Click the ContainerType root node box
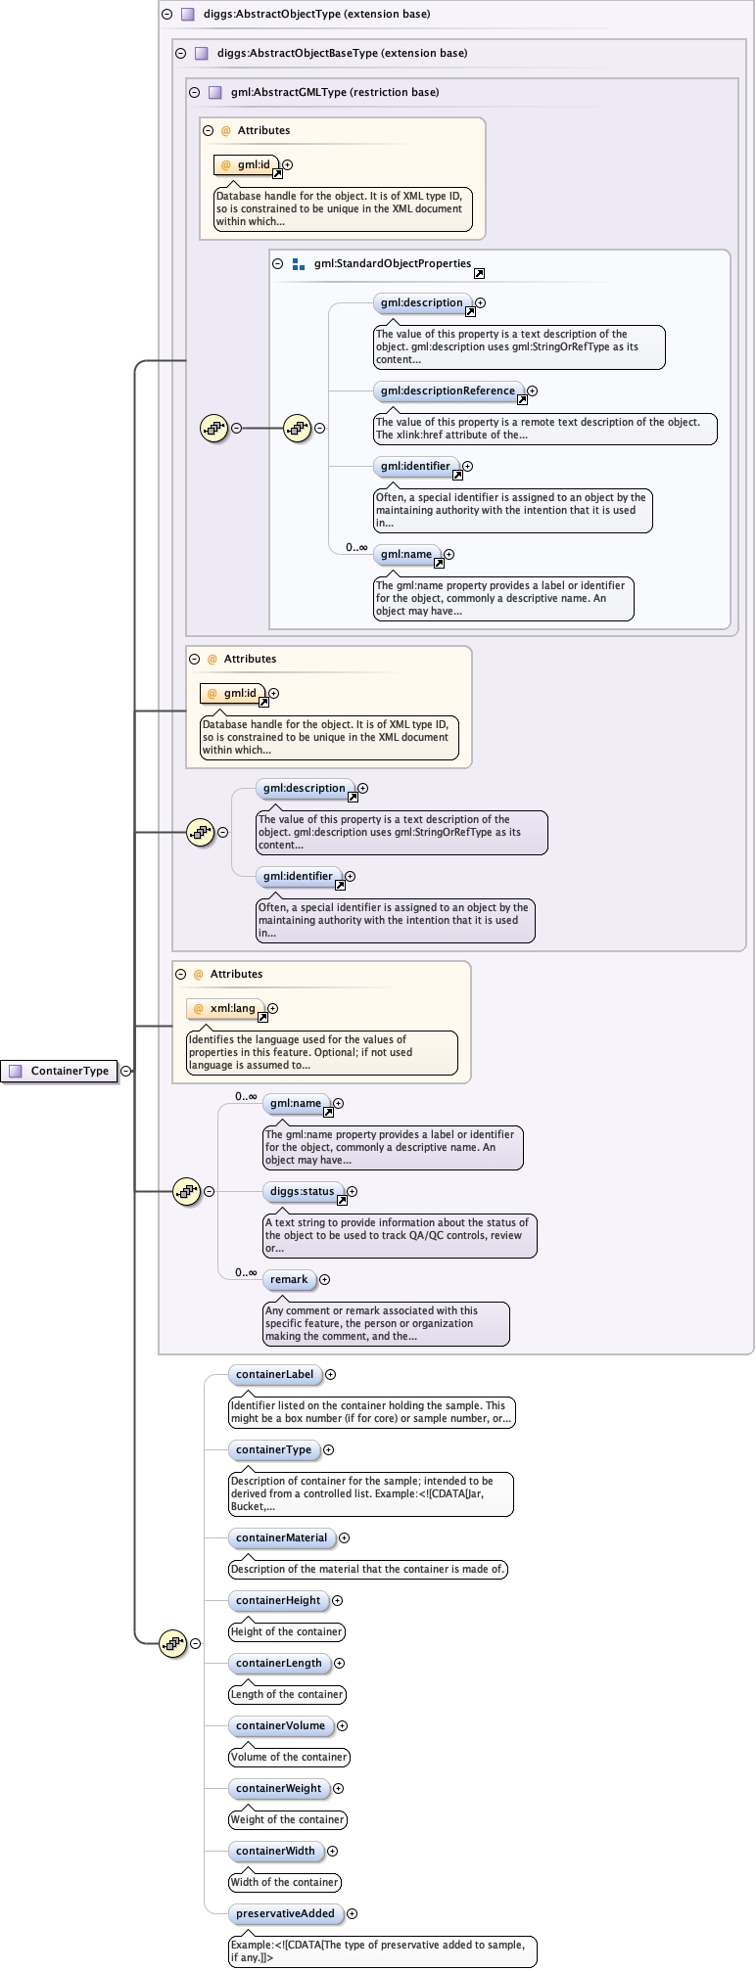(60, 1071)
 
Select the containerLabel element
(274, 1374)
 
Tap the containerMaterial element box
(281, 1537)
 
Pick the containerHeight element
(278, 1600)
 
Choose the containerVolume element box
(280, 1725)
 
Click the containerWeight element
(278, 1788)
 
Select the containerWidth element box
(275, 1851)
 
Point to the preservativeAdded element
(285, 1913)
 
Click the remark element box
(289, 1279)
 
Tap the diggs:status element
(302, 1191)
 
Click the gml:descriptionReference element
(448, 390)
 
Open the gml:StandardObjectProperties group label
(392, 263)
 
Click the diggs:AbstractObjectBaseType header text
(342, 53)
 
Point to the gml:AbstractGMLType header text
(334, 92)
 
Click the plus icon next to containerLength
(340, 1663)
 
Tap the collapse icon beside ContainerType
(126, 1071)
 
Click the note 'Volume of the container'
(289, 1757)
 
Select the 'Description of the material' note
(367, 1569)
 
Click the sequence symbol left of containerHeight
(172, 1643)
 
